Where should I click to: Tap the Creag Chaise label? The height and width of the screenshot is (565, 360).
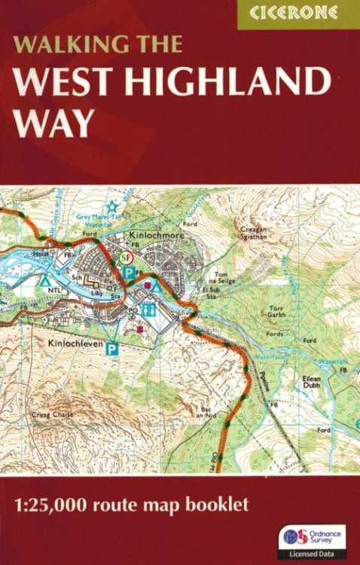point(50,414)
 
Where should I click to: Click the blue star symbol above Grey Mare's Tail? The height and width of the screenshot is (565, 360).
point(112,206)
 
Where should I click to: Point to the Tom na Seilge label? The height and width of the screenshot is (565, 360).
point(224,277)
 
